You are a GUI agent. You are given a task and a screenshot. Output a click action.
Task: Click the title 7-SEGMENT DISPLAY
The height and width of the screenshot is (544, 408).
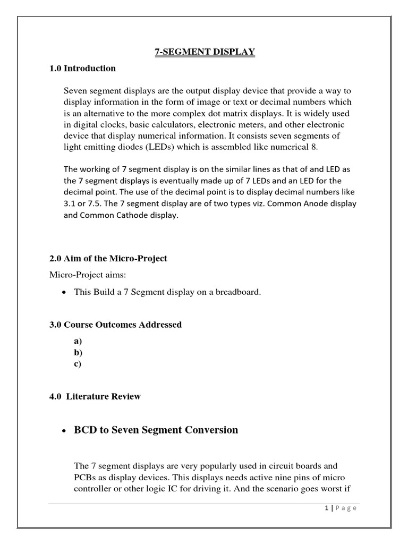click(x=205, y=52)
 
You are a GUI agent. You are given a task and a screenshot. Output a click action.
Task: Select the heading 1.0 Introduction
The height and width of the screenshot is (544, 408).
click(x=82, y=68)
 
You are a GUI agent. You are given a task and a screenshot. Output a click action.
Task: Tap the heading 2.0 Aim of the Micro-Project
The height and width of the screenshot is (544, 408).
click(x=108, y=258)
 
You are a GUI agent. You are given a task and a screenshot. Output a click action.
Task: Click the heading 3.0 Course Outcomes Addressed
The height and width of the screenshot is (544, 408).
click(x=115, y=325)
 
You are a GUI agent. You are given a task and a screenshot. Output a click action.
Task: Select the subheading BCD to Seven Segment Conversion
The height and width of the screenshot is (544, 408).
click(x=156, y=430)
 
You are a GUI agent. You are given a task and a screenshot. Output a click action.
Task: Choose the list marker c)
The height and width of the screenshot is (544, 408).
click(x=78, y=364)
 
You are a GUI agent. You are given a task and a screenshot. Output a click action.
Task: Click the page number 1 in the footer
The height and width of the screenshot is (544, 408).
click(x=326, y=508)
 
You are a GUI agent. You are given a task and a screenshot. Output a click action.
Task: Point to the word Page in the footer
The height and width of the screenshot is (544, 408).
click(x=346, y=508)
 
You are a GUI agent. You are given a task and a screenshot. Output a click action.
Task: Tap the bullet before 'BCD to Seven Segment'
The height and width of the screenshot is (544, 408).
click(x=64, y=430)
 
